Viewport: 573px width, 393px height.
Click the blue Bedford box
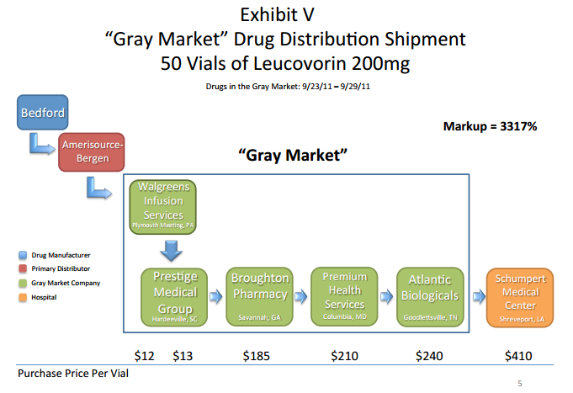(x=42, y=112)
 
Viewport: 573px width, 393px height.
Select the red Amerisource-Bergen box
(x=92, y=152)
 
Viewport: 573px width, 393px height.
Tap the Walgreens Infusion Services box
(x=163, y=206)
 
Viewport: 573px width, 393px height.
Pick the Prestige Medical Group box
(x=174, y=297)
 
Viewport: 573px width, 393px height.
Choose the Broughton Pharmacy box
(x=259, y=296)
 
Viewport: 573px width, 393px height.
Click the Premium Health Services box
(x=344, y=296)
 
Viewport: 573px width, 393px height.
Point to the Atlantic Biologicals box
(x=430, y=297)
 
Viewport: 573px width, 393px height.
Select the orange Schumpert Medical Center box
(x=520, y=298)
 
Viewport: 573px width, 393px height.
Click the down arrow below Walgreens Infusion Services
(x=171, y=251)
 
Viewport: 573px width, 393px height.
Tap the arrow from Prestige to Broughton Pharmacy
(x=216, y=296)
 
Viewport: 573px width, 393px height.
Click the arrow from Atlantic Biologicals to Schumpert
(x=479, y=296)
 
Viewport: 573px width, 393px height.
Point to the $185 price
(x=257, y=356)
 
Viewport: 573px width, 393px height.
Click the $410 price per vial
(x=518, y=356)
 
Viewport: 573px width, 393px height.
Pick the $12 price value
(x=145, y=356)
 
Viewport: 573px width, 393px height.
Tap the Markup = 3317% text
(x=490, y=126)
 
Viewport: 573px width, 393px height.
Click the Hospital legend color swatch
(x=23, y=297)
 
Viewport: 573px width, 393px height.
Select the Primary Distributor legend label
(x=61, y=268)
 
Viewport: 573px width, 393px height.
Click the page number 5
(x=520, y=384)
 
